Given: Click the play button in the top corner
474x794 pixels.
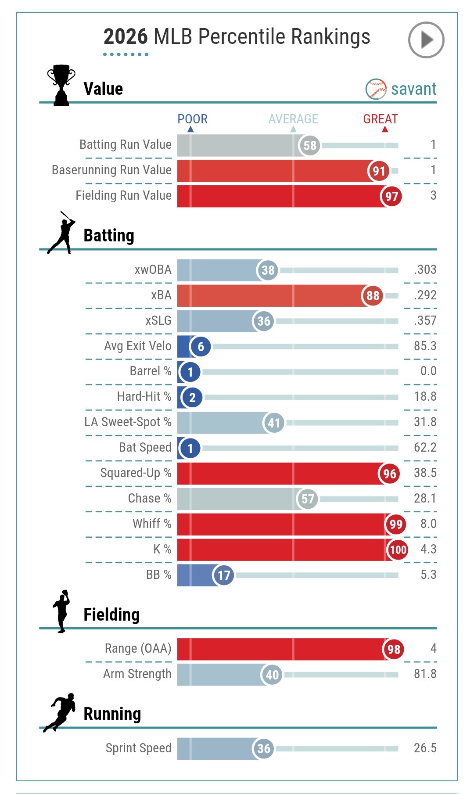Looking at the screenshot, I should [426, 40].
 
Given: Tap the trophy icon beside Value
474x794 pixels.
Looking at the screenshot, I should [61, 85].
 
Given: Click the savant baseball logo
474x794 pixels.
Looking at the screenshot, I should [376, 89].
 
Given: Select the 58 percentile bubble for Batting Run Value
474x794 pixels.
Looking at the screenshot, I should [310, 145].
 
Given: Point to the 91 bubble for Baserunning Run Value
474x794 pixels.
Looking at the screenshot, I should [379, 171].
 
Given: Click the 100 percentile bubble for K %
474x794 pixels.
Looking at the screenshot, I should [398, 550].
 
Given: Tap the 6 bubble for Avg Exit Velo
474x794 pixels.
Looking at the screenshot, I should [201, 347].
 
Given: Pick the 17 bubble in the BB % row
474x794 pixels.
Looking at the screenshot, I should [223, 575].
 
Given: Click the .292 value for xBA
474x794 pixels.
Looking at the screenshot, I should [425, 295].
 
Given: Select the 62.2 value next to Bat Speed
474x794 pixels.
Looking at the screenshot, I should [425, 447].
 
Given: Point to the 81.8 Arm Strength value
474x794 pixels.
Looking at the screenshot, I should [425, 674].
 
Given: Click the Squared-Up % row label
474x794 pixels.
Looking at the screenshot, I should [136, 473].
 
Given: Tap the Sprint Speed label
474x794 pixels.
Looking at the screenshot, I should [138, 748].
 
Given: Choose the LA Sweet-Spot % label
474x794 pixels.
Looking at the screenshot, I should [128, 422].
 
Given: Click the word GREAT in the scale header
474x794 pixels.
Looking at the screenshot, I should [380, 119].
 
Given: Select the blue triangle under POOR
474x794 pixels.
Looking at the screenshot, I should [190, 129].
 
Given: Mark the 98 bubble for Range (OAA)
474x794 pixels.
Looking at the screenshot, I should [394, 649].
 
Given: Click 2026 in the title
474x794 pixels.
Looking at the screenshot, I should [126, 36].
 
